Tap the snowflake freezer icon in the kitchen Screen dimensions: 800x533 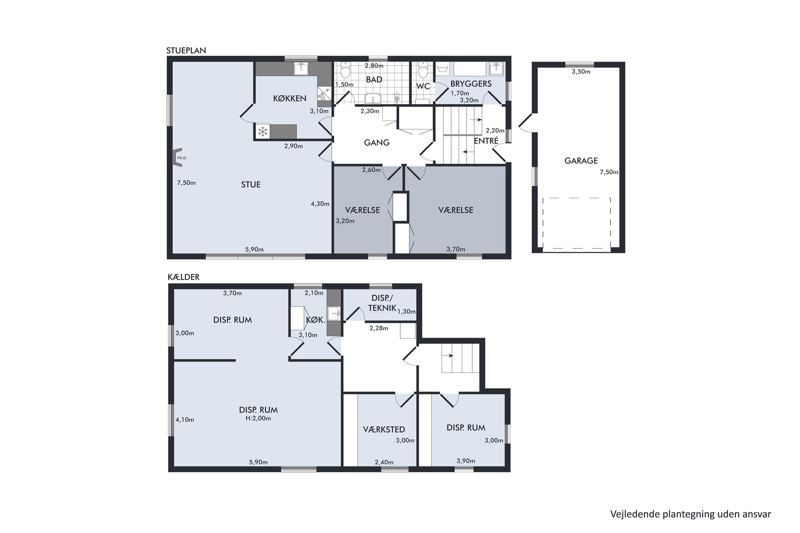(263, 132)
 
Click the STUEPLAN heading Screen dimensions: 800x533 (186, 50)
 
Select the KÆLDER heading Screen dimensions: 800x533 (184, 277)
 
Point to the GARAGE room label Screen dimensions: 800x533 (581, 160)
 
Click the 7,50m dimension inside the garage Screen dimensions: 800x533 (609, 172)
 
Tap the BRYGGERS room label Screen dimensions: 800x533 (471, 84)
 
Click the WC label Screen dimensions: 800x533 (423, 86)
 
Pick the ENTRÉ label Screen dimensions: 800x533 (486, 141)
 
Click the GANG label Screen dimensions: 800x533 (377, 143)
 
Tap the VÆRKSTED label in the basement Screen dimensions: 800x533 (384, 430)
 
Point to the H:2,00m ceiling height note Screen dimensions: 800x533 (258, 418)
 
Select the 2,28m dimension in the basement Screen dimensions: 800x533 (379, 328)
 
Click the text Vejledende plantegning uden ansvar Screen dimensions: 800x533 (690, 514)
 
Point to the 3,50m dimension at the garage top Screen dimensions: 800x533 (581, 72)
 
